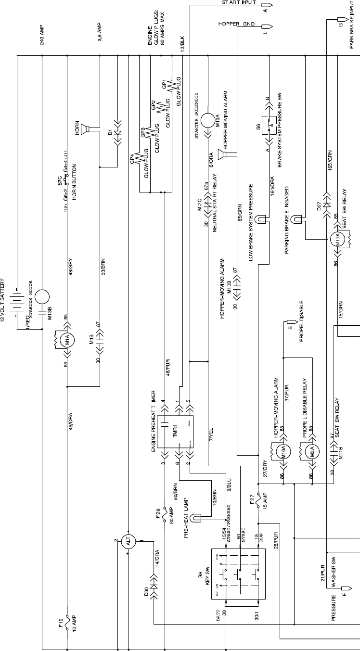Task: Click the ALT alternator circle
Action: point(129,542)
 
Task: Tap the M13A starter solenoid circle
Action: point(207,120)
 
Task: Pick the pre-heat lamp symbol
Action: point(195,518)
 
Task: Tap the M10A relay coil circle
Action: point(283,452)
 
